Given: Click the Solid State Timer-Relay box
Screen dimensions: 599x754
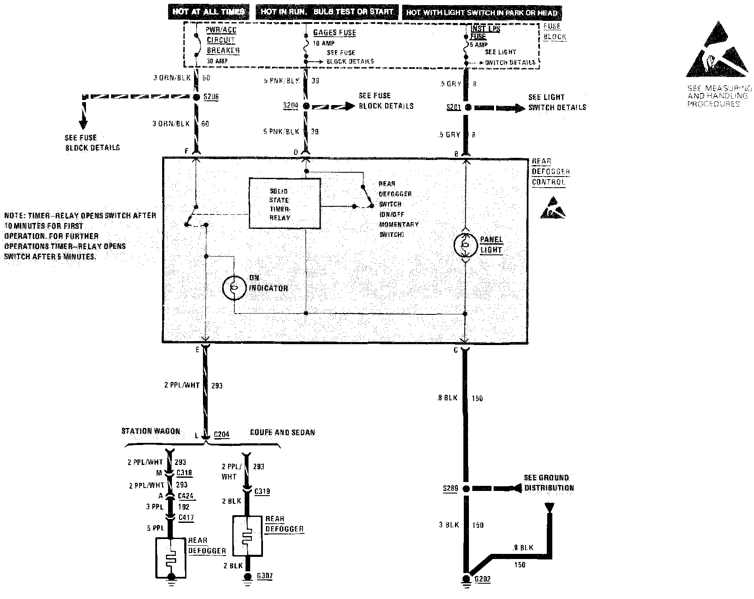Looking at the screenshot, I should tap(284, 203).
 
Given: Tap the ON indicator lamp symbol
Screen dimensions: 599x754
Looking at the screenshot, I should tap(234, 288).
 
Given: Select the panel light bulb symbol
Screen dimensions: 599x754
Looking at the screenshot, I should tap(466, 245).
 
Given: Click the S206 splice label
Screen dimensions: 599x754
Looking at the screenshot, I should tap(211, 97).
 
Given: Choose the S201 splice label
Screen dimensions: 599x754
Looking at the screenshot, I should tap(454, 107).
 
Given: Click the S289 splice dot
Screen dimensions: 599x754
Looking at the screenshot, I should tap(466, 489).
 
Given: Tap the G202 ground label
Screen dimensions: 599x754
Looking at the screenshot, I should tap(483, 579).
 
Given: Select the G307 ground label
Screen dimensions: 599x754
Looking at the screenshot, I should tap(265, 576).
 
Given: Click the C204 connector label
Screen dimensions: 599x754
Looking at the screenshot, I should tap(221, 434).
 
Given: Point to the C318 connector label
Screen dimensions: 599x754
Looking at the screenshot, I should tap(185, 473).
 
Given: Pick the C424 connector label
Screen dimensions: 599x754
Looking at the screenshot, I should tap(186, 496).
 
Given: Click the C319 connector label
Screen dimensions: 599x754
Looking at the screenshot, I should tap(262, 491).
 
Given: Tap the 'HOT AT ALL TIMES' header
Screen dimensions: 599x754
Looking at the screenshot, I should tap(208, 11).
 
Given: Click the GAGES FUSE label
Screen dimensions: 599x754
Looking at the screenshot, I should tap(334, 32).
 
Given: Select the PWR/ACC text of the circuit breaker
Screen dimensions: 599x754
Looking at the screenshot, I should tap(221, 30).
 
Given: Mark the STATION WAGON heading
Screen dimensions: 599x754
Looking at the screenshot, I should tap(151, 431).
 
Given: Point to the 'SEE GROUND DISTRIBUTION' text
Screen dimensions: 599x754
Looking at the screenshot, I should tap(549, 483).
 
